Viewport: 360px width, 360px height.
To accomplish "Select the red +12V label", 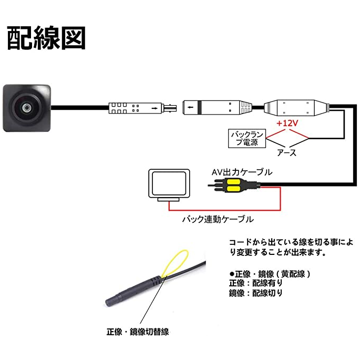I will (x=286, y=122).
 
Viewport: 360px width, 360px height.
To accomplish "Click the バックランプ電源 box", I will (x=246, y=139).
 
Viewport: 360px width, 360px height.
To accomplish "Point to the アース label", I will (x=286, y=153).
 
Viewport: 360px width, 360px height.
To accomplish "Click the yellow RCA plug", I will (x=231, y=184).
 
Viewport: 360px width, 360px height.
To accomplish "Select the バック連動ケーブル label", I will (x=218, y=219).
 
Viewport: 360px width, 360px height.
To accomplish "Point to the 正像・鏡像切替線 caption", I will (x=137, y=332).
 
